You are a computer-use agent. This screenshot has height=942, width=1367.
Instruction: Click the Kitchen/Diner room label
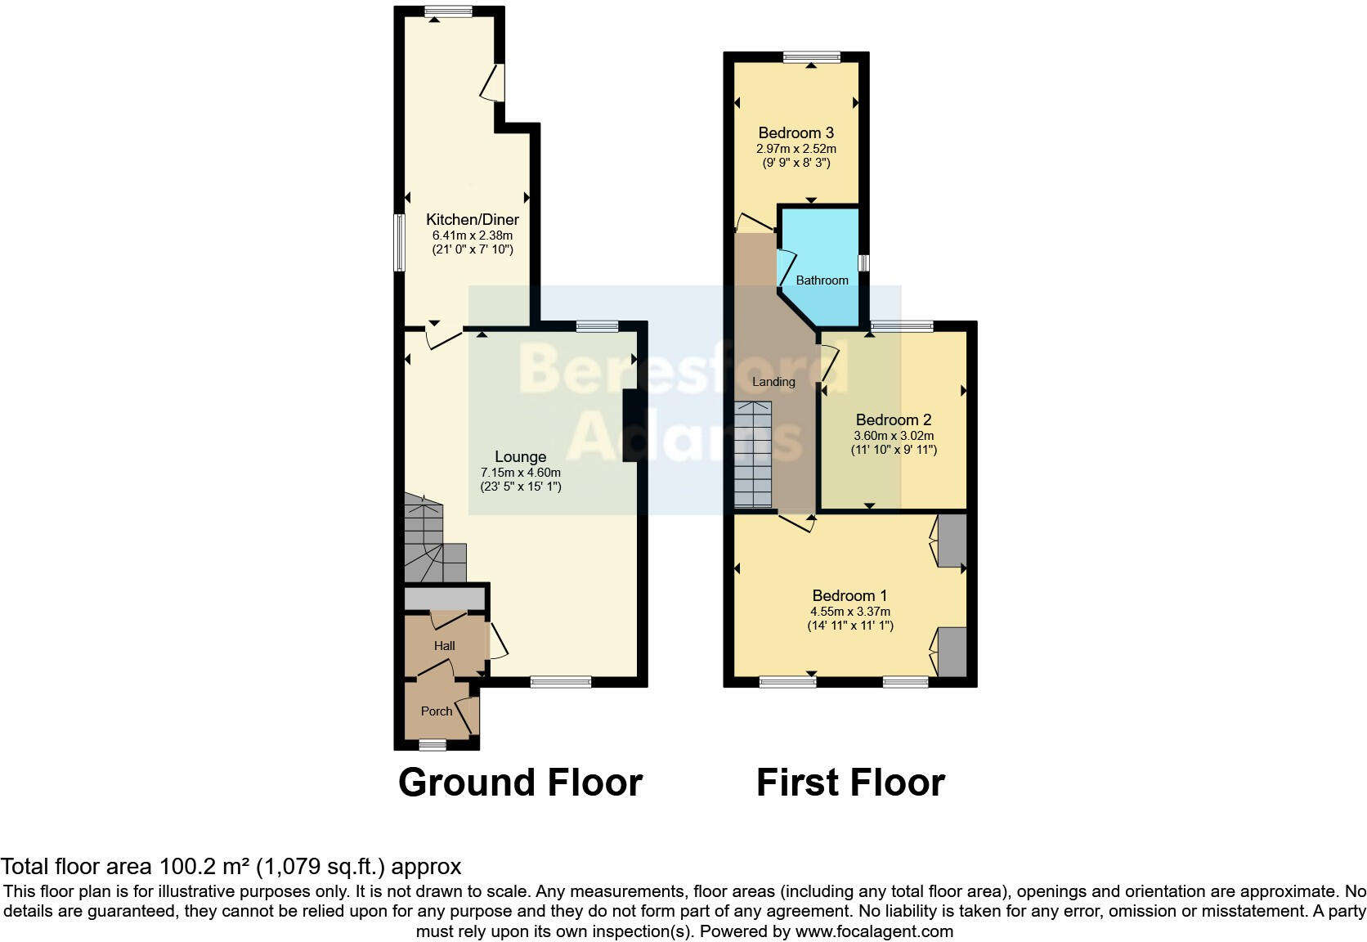coord(472,219)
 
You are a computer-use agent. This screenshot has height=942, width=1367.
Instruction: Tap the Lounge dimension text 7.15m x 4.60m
coord(520,473)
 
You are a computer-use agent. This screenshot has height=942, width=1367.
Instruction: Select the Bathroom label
coord(822,280)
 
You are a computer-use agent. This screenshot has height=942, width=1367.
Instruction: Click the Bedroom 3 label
coord(796,132)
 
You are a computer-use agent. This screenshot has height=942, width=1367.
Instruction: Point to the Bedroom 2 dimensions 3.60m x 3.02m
coord(894,436)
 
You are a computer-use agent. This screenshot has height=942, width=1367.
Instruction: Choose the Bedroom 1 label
coord(849,595)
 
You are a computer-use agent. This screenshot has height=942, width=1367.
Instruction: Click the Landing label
coord(773,381)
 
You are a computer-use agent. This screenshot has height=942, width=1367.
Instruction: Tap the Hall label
coord(444,645)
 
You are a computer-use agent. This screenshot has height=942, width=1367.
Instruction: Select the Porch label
coord(436,711)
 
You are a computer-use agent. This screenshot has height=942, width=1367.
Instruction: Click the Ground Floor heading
coord(520,783)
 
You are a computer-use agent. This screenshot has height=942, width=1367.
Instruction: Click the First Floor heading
coord(850,783)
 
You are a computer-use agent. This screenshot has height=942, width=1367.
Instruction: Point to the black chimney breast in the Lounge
coord(631,426)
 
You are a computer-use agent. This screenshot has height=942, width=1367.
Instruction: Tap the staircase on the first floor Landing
coord(752,455)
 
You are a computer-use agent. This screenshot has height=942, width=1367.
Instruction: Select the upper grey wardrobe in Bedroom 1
coord(952,541)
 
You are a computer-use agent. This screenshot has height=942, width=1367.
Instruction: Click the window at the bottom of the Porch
coord(433,745)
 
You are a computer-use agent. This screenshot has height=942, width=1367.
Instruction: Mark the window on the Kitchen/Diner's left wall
coord(399,243)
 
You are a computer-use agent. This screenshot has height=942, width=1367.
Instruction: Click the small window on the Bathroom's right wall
coord(863,262)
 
